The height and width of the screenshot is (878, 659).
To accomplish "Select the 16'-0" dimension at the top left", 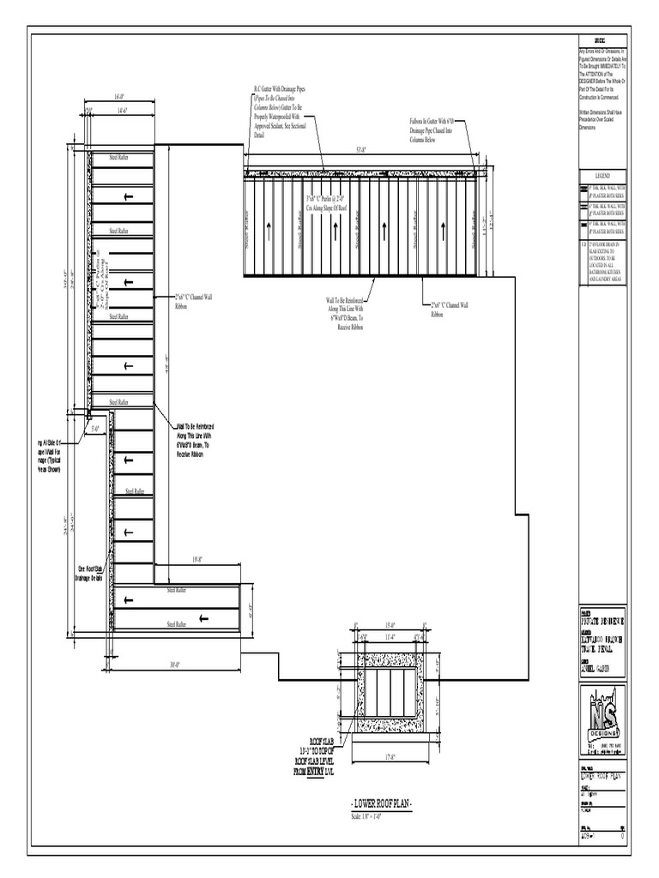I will click(119, 98).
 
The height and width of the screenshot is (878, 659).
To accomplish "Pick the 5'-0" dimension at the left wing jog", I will click(95, 428).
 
